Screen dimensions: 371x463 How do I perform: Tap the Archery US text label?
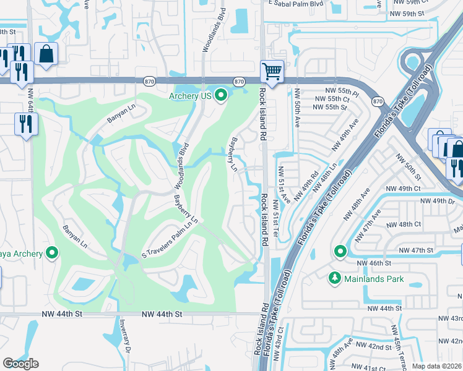(191, 96)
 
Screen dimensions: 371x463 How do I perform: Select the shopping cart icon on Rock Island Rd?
(272, 70)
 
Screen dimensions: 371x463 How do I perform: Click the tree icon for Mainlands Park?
(335, 279)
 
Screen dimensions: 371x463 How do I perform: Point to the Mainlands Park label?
(375, 279)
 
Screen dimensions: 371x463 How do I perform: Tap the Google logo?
(21, 363)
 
